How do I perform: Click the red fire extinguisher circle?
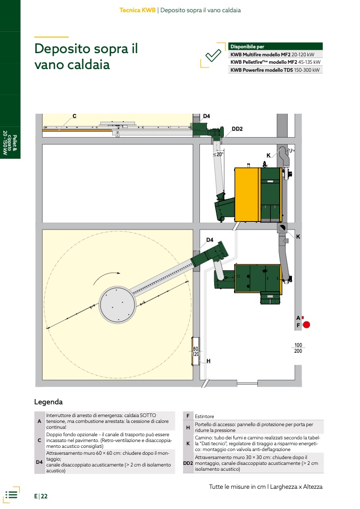(x=306, y=325)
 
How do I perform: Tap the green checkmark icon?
(x=213, y=55)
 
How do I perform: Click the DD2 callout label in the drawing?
(x=237, y=129)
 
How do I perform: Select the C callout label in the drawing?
(x=74, y=116)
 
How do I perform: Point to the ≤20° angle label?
(x=219, y=155)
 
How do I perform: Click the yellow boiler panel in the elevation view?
(x=247, y=194)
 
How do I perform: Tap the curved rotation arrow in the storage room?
(x=106, y=277)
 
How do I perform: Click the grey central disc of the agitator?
(x=117, y=305)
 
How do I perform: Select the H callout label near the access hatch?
(x=208, y=361)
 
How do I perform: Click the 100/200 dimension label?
(x=298, y=348)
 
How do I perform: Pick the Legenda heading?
(x=48, y=402)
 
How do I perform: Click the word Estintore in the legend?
(x=204, y=416)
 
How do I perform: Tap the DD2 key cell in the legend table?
(x=188, y=463)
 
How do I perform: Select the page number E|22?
(x=41, y=496)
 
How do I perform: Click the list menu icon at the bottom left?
(x=11, y=495)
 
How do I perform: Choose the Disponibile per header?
(x=247, y=46)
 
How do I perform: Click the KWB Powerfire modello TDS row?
(x=275, y=70)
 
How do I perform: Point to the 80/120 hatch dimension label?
(x=196, y=352)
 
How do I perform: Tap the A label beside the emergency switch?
(x=298, y=318)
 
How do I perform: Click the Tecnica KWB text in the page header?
(x=137, y=10)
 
